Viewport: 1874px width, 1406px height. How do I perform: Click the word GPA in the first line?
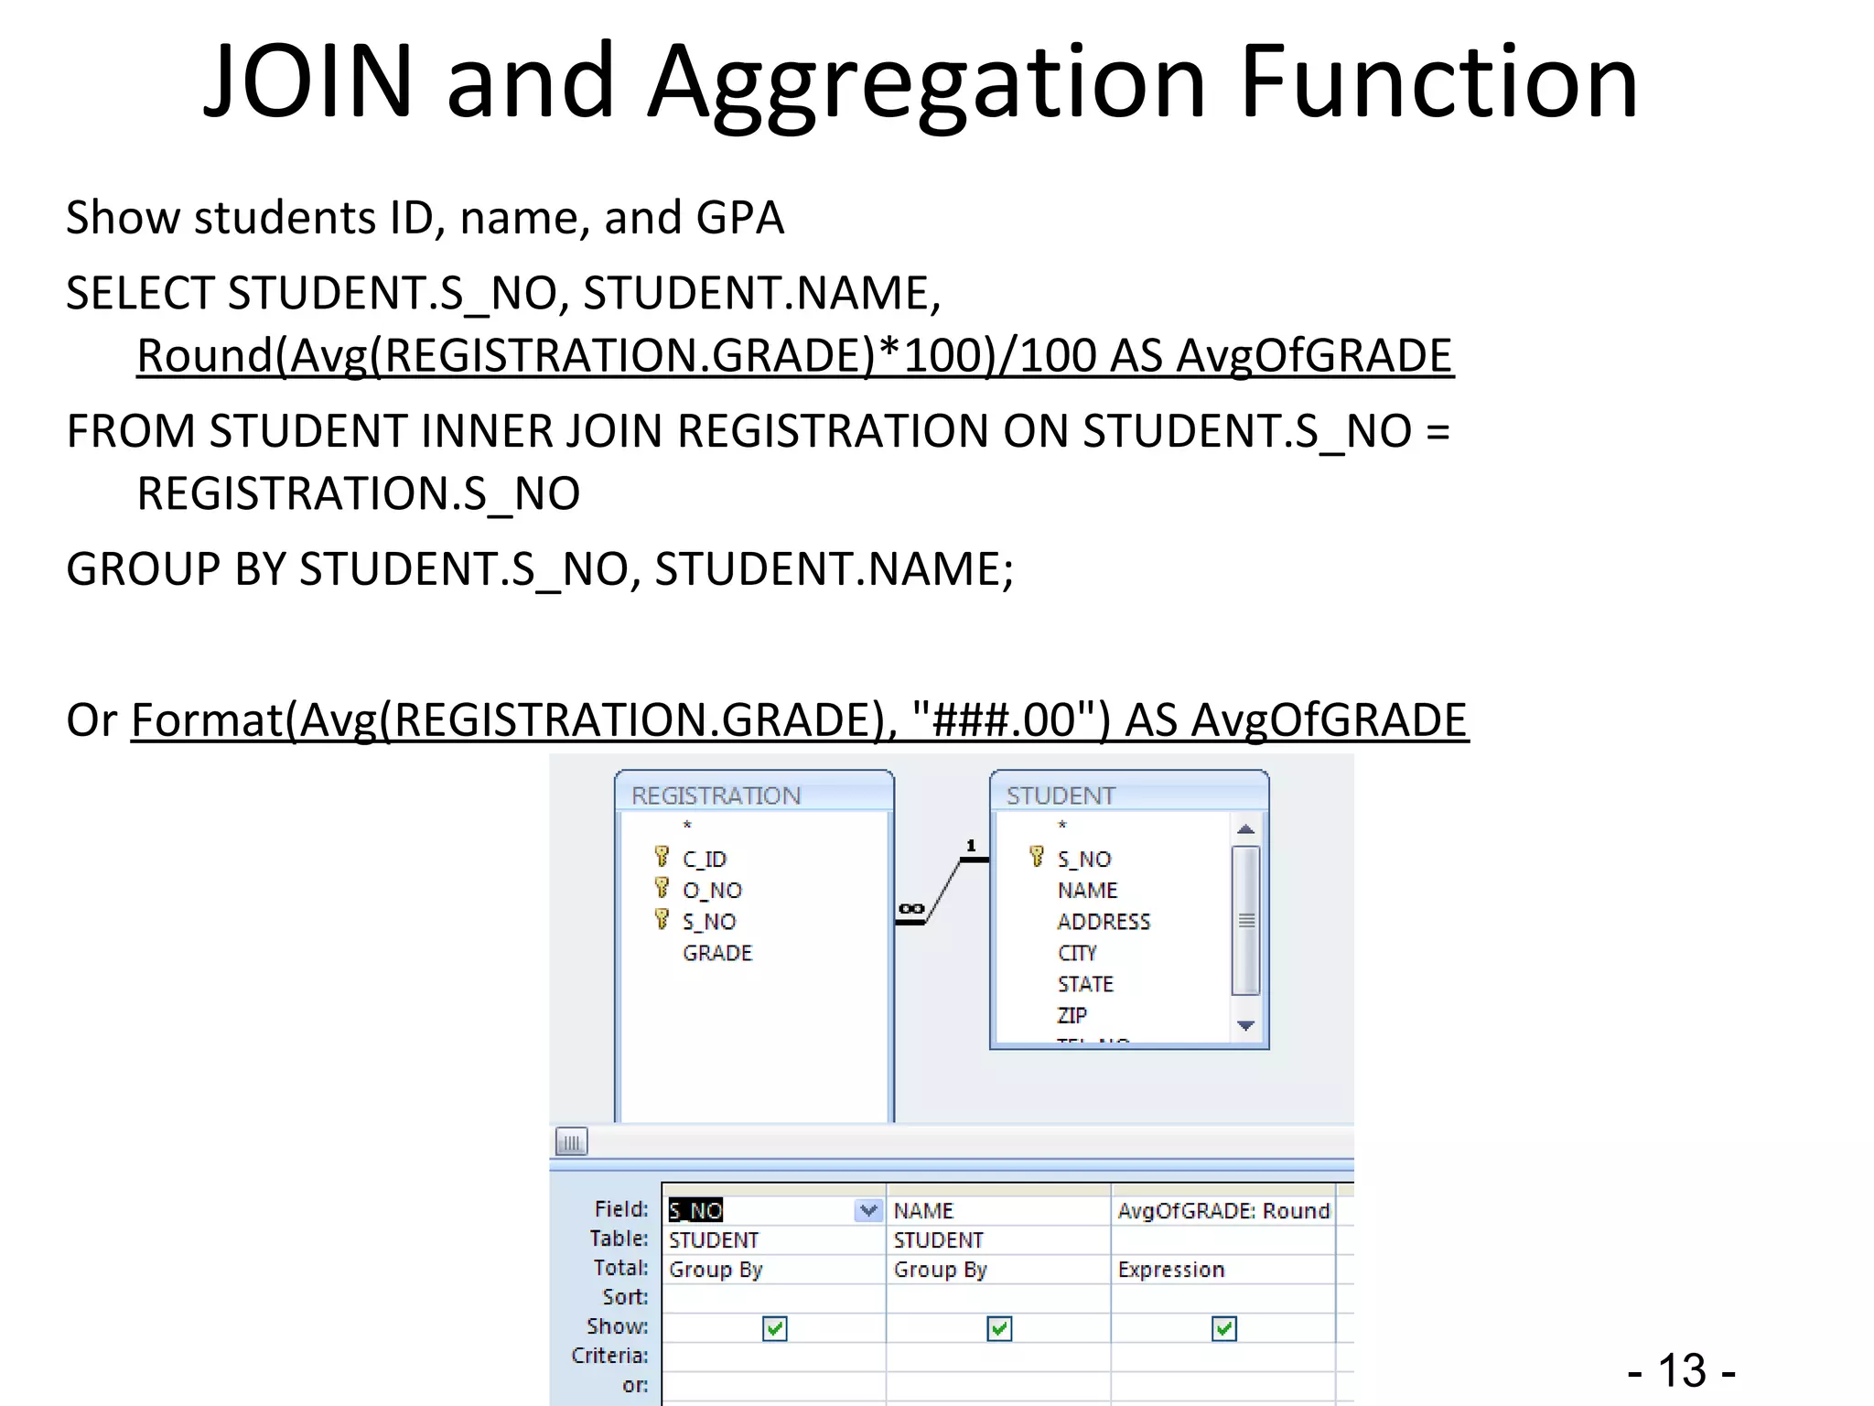click(x=739, y=218)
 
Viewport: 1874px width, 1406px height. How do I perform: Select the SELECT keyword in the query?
click(x=139, y=293)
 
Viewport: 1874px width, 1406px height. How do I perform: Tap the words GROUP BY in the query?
click(x=176, y=569)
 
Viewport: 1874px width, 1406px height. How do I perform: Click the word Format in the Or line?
click(x=207, y=719)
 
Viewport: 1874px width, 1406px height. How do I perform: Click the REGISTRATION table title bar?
click(x=753, y=794)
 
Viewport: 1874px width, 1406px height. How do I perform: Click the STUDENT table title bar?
click(x=1128, y=794)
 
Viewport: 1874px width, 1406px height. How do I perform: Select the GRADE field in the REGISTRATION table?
click(x=716, y=953)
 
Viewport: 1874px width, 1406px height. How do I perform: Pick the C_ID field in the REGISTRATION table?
click(x=704, y=859)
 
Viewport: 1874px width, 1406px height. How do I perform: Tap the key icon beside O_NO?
click(x=662, y=888)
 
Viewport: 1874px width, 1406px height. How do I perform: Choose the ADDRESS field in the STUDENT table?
click(x=1103, y=921)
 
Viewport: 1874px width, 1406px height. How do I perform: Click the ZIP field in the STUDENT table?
click(x=1072, y=1015)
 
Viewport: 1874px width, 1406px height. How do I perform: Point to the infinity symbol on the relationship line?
click(x=910, y=908)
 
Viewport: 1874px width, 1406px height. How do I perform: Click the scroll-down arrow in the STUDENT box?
click(x=1245, y=1026)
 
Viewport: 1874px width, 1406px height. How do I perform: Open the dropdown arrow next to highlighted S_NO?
click(x=868, y=1210)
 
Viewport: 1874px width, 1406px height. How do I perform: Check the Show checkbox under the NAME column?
click(x=999, y=1328)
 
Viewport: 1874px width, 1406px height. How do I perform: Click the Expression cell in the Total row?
click(x=1170, y=1270)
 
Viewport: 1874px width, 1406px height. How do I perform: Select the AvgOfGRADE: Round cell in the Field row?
click(x=1222, y=1210)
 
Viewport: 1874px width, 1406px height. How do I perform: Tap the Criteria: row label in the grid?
click(x=609, y=1356)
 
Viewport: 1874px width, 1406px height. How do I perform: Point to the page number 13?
click(x=1682, y=1371)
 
